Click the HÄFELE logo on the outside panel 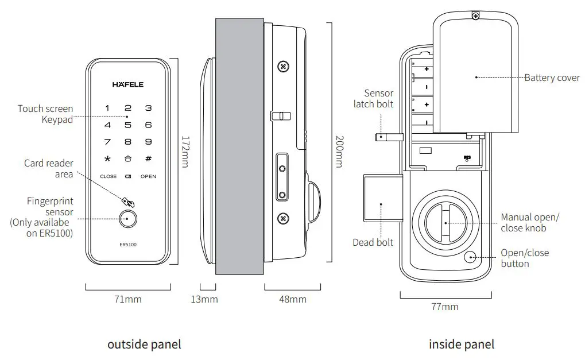pyautogui.click(x=128, y=85)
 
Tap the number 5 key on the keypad pyautogui.click(x=128, y=125)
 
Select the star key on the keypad pyautogui.click(x=107, y=159)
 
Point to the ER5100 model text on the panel pyautogui.click(x=128, y=245)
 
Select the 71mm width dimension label pyautogui.click(x=127, y=299)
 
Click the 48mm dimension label pyautogui.click(x=293, y=299)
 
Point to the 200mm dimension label pyautogui.click(x=339, y=152)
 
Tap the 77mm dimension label pyautogui.click(x=445, y=307)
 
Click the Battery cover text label pyautogui.click(x=552, y=78)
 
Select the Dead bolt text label pyautogui.click(x=373, y=242)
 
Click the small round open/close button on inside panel pyautogui.click(x=471, y=258)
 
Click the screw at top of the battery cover pyautogui.click(x=475, y=16)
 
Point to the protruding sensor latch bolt pyautogui.click(x=388, y=137)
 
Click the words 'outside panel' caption pyautogui.click(x=144, y=344)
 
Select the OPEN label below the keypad pyautogui.click(x=148, y=176)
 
